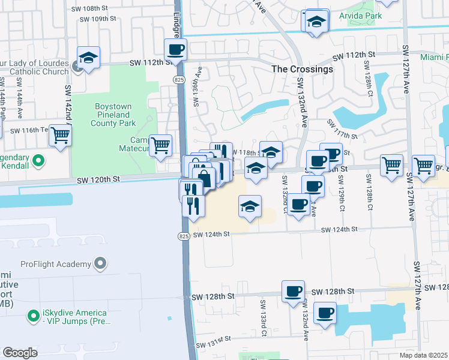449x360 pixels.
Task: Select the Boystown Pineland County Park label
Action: coord(112,115)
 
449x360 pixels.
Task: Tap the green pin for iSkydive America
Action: coord(33,313)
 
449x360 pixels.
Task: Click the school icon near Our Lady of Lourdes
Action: coord(88,58)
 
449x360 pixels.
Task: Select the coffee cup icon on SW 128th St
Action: coord(293,292)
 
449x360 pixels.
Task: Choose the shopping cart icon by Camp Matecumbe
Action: coord(160,145)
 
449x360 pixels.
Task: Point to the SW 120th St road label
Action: coord(98,179)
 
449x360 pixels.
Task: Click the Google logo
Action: coord(20,352)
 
